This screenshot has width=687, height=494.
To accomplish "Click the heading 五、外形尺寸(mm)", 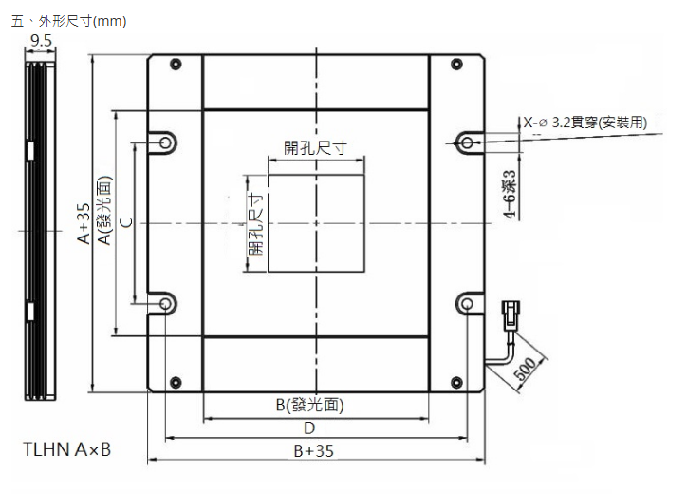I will [x=67, y=20].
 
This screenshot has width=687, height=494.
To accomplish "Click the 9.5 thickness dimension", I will [x=41, y=40].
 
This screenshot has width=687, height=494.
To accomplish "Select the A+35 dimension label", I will [x=84, y=224].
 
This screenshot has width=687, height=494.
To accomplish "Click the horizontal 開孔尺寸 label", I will [x=315, y=147].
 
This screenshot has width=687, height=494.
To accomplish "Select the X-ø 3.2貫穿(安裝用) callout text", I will [x=585, y=122].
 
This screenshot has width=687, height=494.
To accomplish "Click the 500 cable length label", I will [x=526, y=370].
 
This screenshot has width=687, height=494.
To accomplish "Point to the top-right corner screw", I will [x=456, y=66].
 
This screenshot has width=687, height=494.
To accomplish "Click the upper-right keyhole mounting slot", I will [x=468, y=142].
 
